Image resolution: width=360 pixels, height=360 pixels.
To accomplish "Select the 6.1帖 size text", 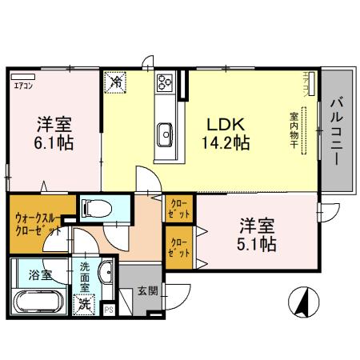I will point(54,145).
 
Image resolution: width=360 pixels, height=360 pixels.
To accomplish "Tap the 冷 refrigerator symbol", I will point(117,81).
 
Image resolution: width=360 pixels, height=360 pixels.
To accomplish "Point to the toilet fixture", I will point(96,208).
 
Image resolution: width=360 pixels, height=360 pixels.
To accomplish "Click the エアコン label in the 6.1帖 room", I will point(22,81).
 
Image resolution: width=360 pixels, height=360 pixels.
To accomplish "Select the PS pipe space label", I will point(110,308).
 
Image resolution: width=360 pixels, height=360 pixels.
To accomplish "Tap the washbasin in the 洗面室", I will point(104,274).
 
